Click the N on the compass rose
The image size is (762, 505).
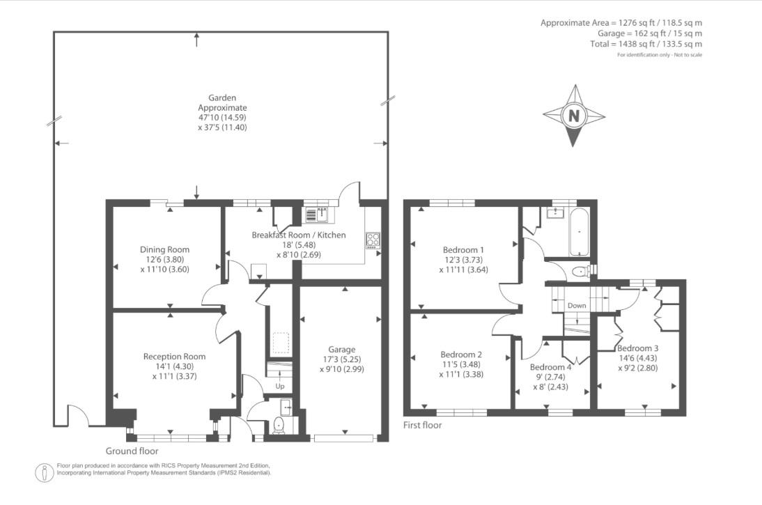click(573, 116)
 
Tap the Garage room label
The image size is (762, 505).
click(341, 350)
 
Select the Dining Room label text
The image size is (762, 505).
click(164, 249)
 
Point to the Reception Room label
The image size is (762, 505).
click(174, 356)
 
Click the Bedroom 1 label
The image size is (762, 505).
click(463, 249)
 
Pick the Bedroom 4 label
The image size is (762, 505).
click(550, 367)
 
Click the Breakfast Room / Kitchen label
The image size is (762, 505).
click(298, 235)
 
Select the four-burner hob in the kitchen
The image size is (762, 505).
click(373, 240)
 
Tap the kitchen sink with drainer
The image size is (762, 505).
click(317, 214)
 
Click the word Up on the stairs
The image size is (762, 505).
click(280, 386)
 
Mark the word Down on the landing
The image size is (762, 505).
click(577, 306)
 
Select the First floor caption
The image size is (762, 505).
click(423, 424)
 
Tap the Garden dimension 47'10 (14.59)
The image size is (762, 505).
click(222, 118)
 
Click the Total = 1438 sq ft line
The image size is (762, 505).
click(646, 44)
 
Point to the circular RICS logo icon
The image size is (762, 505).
click(45, 472)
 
